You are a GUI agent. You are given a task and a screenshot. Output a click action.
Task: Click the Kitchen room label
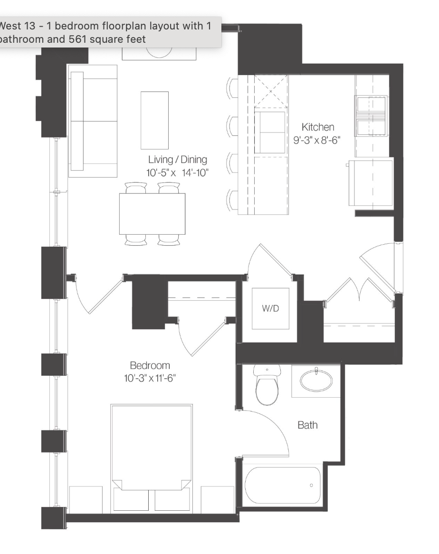pyautogui.click(x=317, y=127)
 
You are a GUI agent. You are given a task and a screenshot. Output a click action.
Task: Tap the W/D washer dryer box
pyautogui.click(x=270, y=308)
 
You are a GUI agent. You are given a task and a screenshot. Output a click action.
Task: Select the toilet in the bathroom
pyautogui.click(x=267, y=385)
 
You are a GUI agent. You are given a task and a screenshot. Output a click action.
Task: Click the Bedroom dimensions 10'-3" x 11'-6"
pyautogui.click(x=150, y=378)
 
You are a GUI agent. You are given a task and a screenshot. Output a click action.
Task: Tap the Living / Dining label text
pyautogui.click(x=177, y=159)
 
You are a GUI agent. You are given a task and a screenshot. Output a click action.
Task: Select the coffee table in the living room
pyautogui.click(x=155, y=121)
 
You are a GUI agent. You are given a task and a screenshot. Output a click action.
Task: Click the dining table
pyautogui.click(x=152, y=214)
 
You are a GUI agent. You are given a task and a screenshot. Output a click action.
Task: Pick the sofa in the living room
pyautogui.click(x=93, y=121)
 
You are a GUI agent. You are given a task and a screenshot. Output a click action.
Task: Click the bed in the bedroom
pyautogui.click(x=152, y=458)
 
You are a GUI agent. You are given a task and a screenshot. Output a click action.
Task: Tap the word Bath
pyautogui.click(x=307, y=425)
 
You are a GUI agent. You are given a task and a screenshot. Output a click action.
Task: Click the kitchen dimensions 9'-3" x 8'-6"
pyautogui.click(x=316, y=140)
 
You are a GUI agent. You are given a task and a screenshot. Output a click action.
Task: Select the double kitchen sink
pyautogui.click(x=371, y=116)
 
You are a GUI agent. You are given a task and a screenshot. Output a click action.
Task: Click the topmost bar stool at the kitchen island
pyautogui.click(x=232, y=87)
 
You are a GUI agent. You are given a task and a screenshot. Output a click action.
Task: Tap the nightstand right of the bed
pyautogui.click(x=217, y=499)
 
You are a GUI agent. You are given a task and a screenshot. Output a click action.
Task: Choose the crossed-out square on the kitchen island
pyautogui.click(x=271, y=91)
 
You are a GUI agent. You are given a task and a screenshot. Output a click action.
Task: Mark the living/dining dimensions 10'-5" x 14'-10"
pyautogui.click(x=177, y=173)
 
